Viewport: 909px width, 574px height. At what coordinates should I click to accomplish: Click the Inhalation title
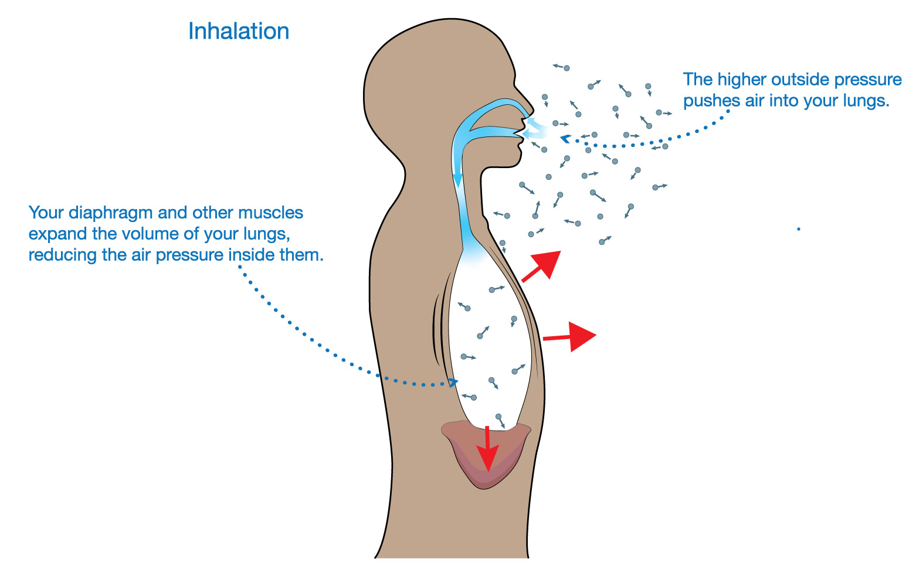pyautogui.click(x=239, y=32)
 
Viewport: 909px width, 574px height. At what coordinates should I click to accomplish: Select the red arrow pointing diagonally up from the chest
pyautogui.click(x=542, y=266)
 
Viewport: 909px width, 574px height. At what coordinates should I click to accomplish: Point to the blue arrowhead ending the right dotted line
pyautogui.click(x=565, y=139)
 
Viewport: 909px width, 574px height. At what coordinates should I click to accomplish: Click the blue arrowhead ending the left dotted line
pyautogui.click(x=453, y=382)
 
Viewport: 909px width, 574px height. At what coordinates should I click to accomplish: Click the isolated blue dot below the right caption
pyautogui.click(x=798, y=229)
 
